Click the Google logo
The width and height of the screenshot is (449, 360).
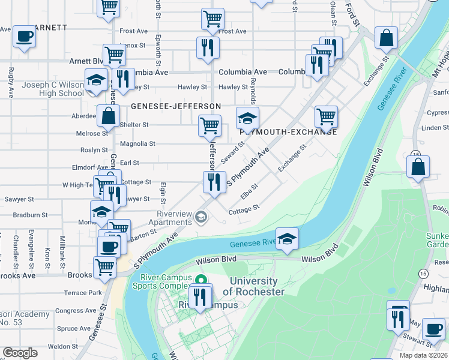tap(20, 353)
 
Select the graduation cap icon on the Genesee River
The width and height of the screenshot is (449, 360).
tap(287, 239)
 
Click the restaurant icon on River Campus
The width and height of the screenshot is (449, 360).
tap(200, 296)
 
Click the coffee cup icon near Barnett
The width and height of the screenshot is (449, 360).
tap(24, 36)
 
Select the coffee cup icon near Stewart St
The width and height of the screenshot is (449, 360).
tap(433, 329)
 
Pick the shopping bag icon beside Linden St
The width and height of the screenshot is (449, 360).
tap(418, 167)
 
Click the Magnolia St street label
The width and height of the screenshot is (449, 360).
tap(138, 144)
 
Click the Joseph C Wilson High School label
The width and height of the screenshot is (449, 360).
tap(53, 89)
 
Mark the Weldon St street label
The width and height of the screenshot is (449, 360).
tap(61, 346)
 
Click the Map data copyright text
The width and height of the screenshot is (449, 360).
tap(423, 355)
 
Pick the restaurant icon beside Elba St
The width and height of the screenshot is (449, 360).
tap(214, 182)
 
